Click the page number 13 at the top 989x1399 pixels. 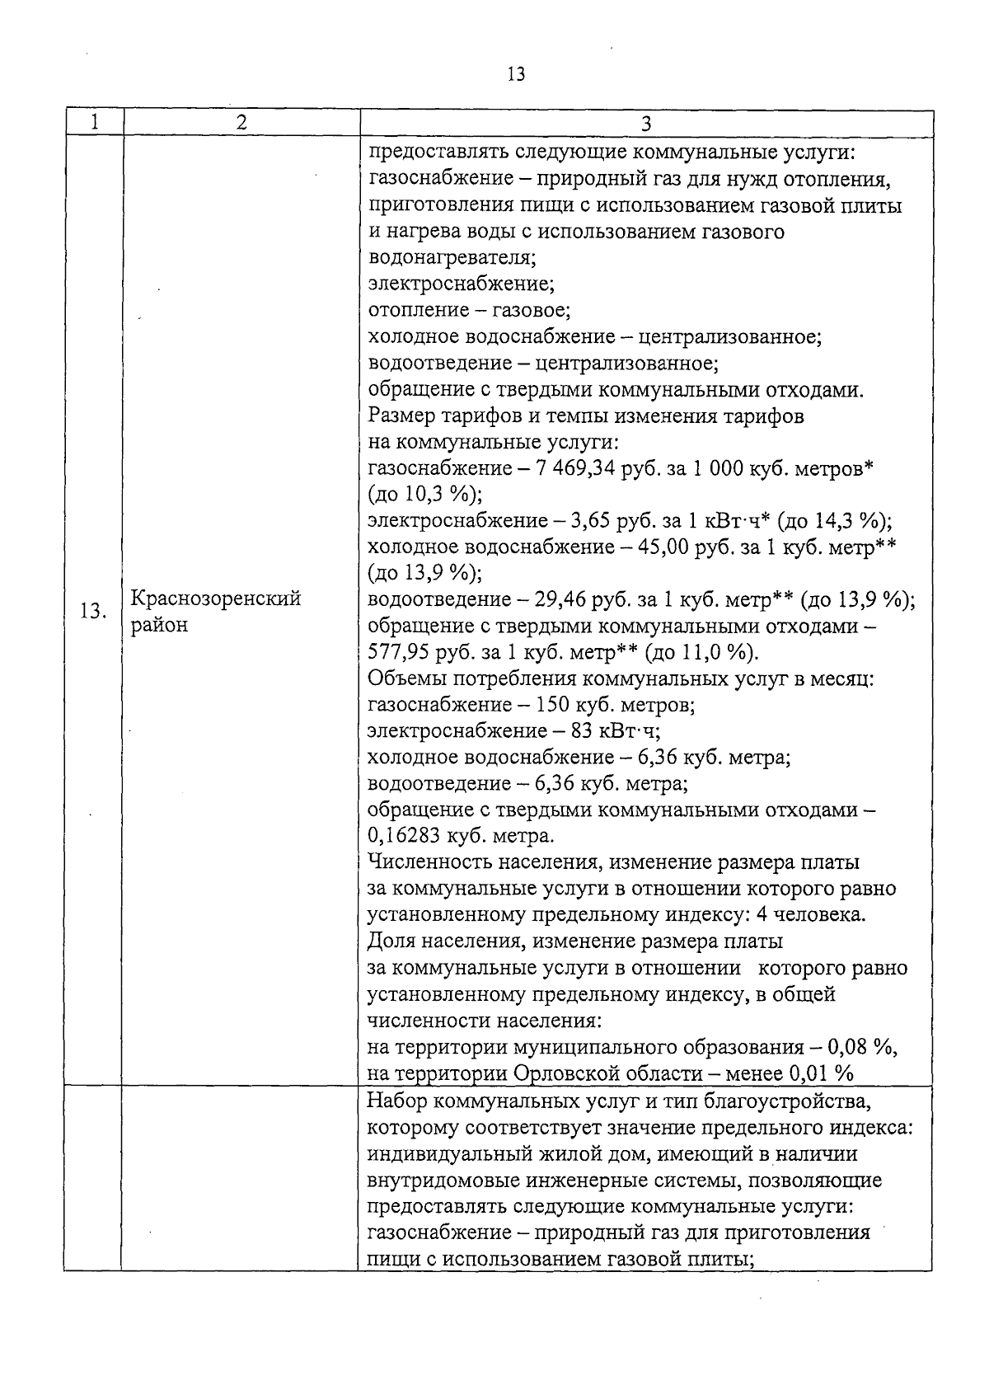coord(517,74)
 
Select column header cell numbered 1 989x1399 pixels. coord(95,123)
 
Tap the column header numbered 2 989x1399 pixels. coord(241,123)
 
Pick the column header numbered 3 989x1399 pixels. coord(646,124)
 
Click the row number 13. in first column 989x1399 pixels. coord(93,612)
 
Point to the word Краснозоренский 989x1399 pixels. coord(216,599)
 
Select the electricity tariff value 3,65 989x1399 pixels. coord(589,521)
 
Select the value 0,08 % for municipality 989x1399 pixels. coord(860,1047)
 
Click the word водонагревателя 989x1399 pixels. coord(451,258)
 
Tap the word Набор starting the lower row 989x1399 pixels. coord(396,1101)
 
